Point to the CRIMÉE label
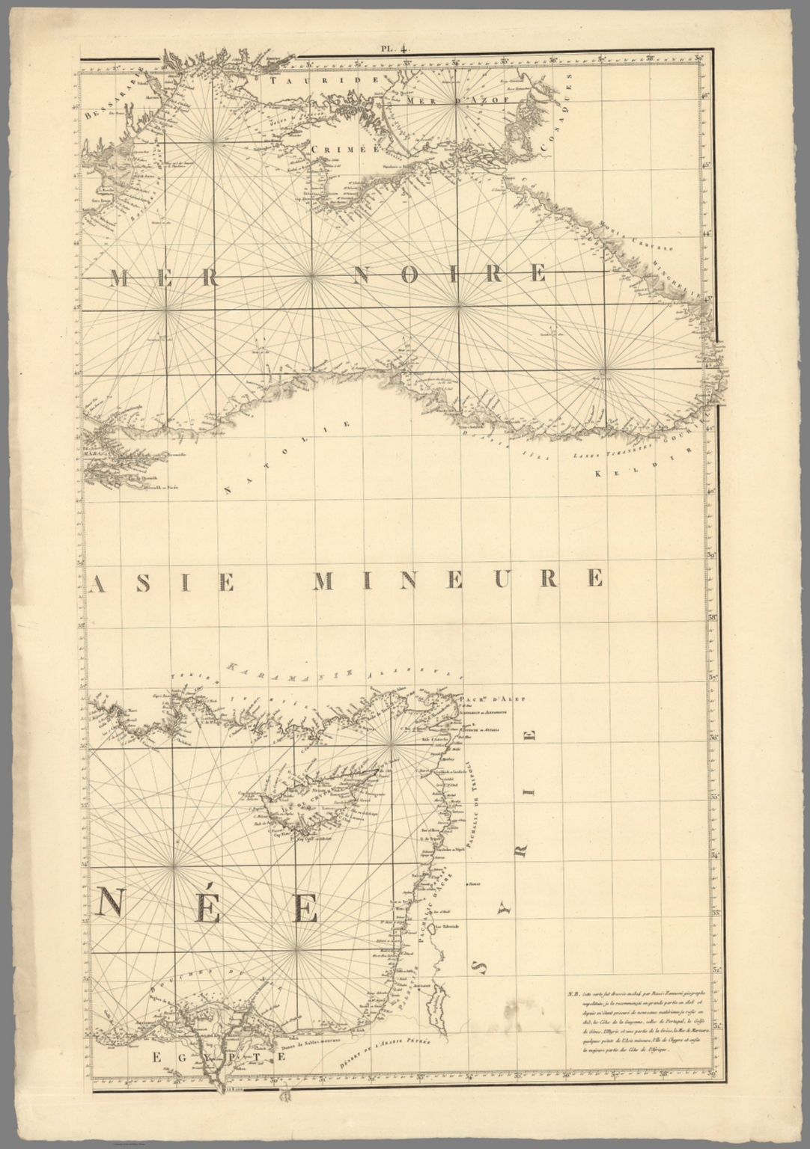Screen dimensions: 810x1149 coord(335,148)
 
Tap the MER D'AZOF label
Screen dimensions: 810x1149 coord(456,99)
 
